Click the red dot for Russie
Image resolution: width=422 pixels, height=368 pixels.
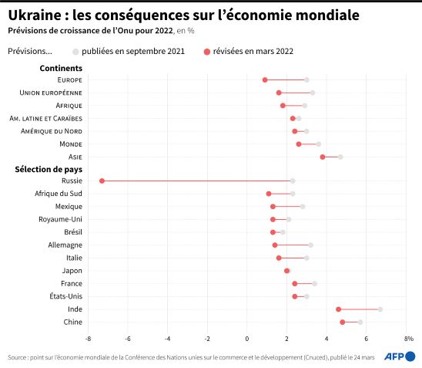(x=102, y=181)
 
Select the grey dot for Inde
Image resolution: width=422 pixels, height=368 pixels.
(x=380, y=309)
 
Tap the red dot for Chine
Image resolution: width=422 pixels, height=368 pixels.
(x=343, y=322)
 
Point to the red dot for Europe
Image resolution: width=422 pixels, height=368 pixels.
(x=265, y=79)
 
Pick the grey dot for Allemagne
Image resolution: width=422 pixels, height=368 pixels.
(x=310, y=245)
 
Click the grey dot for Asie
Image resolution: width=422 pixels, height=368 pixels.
(x=340, y=157)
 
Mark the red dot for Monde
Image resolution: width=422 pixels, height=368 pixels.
(x=299, y=144)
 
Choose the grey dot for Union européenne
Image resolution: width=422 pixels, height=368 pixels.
(x=313, y=93)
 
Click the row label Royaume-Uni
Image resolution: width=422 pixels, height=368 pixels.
(x=60, y=219)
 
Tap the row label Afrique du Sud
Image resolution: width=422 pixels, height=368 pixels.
(x=59, y=194)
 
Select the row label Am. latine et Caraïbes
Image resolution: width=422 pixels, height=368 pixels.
(x=45, y=118)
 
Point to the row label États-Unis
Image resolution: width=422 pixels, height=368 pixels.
(x=66, y=296)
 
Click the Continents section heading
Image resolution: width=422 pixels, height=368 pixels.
(x=61, y=68)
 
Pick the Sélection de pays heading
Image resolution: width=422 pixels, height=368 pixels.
(x=49, y=169)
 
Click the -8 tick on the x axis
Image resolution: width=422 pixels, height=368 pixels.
(x=88, y=339)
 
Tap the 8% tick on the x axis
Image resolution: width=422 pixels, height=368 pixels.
(x=409, y=339)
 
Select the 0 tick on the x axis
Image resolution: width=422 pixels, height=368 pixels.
(x=246, y=339)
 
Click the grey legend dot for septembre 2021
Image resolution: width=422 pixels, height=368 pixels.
(x=75, y=52)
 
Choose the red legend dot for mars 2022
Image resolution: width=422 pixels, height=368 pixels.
(x=206, y=52)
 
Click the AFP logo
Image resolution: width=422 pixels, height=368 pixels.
(x=400, y=356)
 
